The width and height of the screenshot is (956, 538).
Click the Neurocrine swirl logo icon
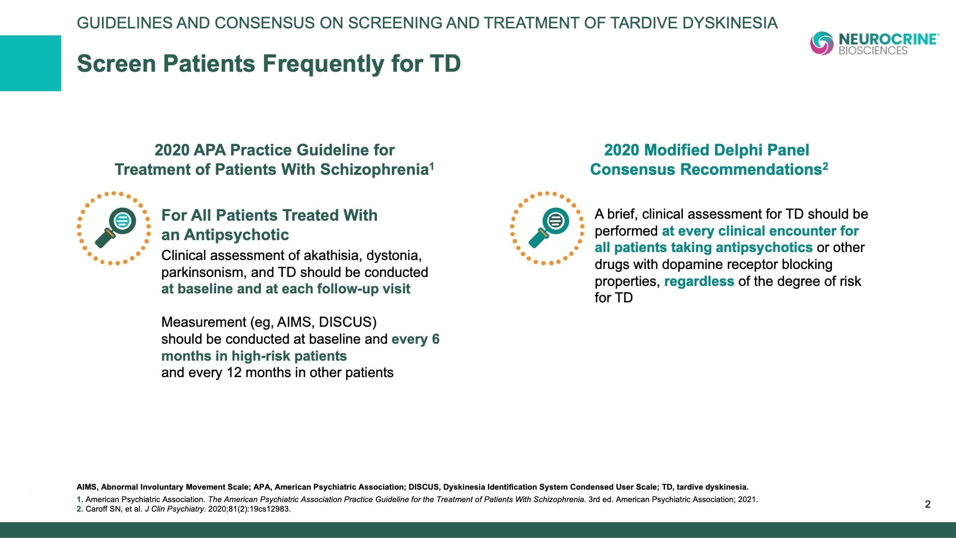(822, 43)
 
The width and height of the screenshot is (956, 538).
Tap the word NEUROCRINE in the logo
(889, 39)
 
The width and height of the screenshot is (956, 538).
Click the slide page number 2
(928, 504)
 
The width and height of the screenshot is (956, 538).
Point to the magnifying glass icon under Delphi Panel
(547, 228)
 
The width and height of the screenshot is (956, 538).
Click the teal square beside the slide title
(30, 63)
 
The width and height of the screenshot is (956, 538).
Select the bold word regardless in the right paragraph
(699, 282)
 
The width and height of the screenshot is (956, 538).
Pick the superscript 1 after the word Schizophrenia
(432, 166)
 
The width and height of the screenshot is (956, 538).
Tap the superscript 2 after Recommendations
(826, 166)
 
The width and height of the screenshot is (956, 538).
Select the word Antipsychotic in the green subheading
(237, 235)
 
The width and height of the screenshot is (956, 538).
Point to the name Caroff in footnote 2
(97, 509)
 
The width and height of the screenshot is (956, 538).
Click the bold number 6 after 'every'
(436, 339)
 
